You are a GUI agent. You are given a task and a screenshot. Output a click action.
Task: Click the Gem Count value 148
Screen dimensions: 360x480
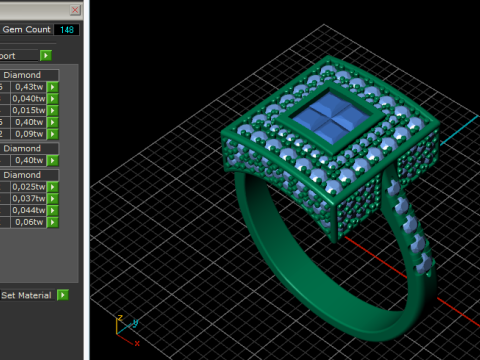tap(68, 30)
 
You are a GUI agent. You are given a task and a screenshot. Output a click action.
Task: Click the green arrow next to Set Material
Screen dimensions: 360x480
tap(63, 296)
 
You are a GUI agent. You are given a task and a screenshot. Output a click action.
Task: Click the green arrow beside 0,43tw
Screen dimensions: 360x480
tap(52, 87)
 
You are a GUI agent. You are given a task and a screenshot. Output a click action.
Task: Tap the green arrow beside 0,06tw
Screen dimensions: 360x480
tap(52, 222)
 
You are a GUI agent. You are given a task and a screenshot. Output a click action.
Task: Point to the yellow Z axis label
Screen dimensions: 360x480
tap(119, 318)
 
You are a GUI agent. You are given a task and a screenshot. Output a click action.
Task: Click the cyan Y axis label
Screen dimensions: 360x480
tap(135, 323)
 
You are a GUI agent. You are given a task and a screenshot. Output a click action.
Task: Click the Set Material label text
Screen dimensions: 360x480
tap(27, 296)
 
